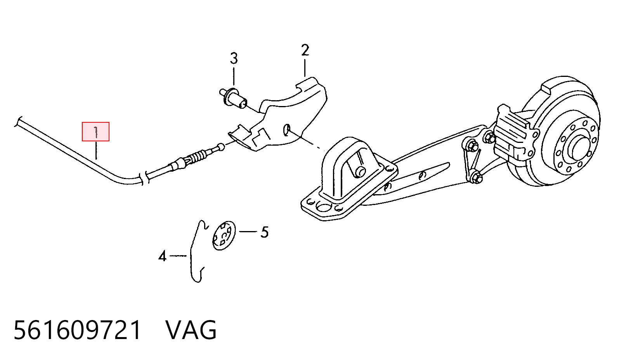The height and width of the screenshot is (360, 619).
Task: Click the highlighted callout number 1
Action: click(x=95, y=132)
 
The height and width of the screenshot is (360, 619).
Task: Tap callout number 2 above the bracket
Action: click(x=305, y=50)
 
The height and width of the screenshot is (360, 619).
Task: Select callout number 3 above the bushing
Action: click(x=234, y=58)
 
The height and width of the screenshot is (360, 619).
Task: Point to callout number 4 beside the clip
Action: click(x=163, y=256)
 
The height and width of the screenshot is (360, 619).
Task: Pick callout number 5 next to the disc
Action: click(x=264, y=232)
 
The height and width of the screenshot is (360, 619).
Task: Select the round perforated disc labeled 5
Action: click(x=224, y=236)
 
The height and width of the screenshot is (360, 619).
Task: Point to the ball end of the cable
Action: click(x=221, y=147)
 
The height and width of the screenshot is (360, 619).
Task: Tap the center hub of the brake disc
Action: click(x=579, y=149)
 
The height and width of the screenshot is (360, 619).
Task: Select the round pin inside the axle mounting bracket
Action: click(x=359, y=172)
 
